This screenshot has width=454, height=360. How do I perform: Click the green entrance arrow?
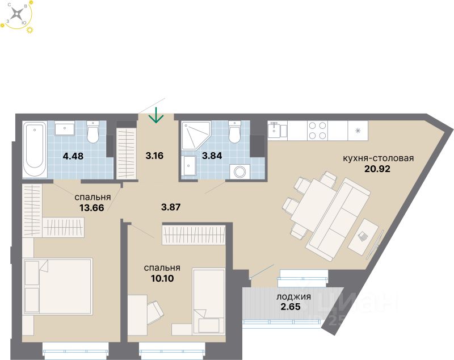(156, 116)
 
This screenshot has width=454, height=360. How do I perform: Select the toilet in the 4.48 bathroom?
(93, 134)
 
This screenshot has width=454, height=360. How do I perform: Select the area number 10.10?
(162, 278)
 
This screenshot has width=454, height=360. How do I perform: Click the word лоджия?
(293, 296)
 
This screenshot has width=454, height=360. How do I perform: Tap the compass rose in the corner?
(19, 14)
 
